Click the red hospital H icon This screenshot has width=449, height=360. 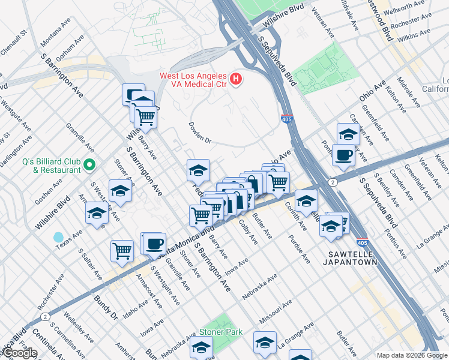[x=236, y=79]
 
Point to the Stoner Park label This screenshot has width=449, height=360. [x=221, y=332]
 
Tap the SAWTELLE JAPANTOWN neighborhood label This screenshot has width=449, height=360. [x=352, y=257]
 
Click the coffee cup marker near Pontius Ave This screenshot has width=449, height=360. [x=343, y=155]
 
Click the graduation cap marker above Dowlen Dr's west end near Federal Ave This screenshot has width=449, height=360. [x=198, y=171]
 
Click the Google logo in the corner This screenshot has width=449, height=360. [x=19, y=353]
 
